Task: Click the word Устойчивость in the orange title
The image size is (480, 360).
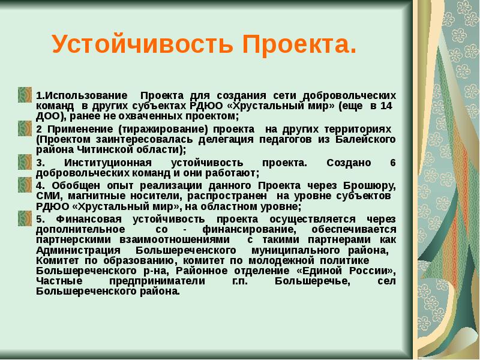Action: pyautogui.click(x=143, y=44)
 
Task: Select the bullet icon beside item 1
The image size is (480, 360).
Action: pyautogui.click(x=25, y=95)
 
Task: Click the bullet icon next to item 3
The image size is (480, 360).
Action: pyautogui.click(x=25, y=162)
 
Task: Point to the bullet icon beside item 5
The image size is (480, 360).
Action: pyautogui.click(x=25, y=218)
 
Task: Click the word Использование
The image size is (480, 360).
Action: pyautogui.click(x=82, y=95)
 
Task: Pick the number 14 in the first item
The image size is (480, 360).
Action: pyautogui.click(x=386, y=106)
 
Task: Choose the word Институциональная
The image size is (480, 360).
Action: pyautogui.click(x=108, y=163)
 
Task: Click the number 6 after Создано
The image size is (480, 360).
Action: pyautogui.click(x=393, y=163)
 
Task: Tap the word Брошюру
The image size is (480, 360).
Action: pyautogui.click(x=369, y=185)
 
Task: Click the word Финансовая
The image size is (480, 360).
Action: pyautogui.click(x=89, y=219)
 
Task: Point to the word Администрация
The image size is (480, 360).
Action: pyautogui.click(x=78, y=250)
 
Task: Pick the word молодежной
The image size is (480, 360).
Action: pyautogui.click(x=281, y=260)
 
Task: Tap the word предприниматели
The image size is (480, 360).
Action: pyautogui.click(x=157, y=281)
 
